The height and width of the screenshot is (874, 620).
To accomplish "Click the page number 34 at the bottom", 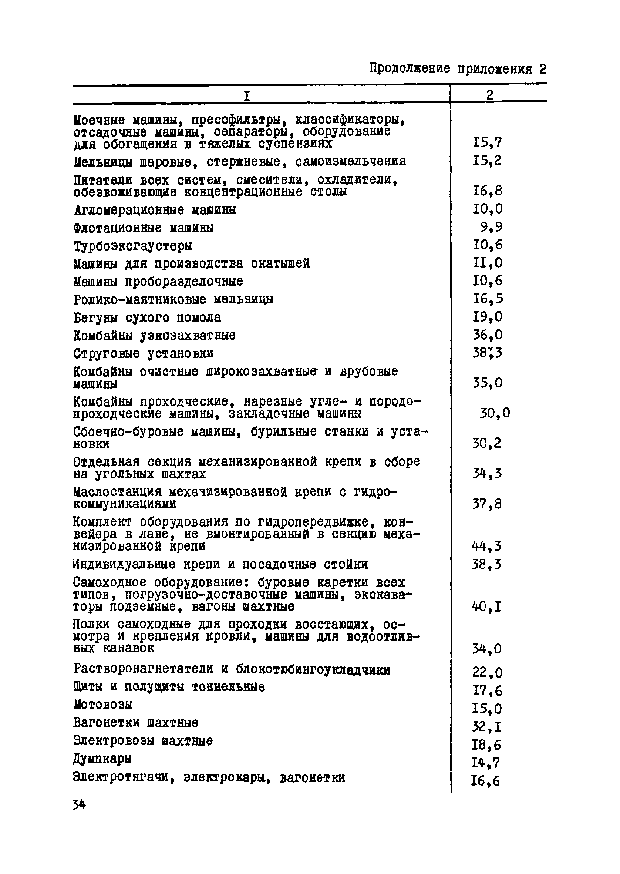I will [80, 805].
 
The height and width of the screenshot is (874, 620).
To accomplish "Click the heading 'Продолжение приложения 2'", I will [458, 69].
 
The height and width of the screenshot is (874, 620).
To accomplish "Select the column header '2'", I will [490, 95].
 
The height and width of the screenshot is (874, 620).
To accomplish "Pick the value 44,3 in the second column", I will [487, 547].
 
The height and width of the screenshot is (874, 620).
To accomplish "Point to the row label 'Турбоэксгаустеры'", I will [132, 246].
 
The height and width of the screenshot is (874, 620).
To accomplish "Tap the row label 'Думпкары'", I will [102, 759].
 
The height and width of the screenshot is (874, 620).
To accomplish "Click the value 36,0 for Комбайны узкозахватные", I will [488, 335].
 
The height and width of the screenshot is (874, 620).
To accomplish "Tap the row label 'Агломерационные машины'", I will [155, 210].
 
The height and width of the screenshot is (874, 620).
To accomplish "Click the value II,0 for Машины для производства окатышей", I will [488, 263].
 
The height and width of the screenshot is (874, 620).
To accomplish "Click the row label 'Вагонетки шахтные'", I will [135, 723].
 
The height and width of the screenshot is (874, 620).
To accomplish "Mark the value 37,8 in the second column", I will [487, 504].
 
